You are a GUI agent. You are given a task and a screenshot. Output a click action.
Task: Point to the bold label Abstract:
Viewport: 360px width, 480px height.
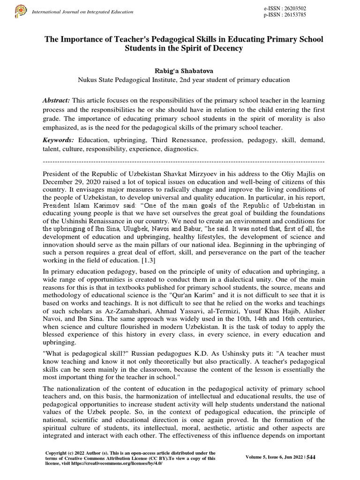click(57, 101)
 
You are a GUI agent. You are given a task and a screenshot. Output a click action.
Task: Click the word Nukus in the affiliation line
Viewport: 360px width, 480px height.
click(88, 80)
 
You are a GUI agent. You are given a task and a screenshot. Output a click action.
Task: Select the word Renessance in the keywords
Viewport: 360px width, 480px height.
click(186, 140)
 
